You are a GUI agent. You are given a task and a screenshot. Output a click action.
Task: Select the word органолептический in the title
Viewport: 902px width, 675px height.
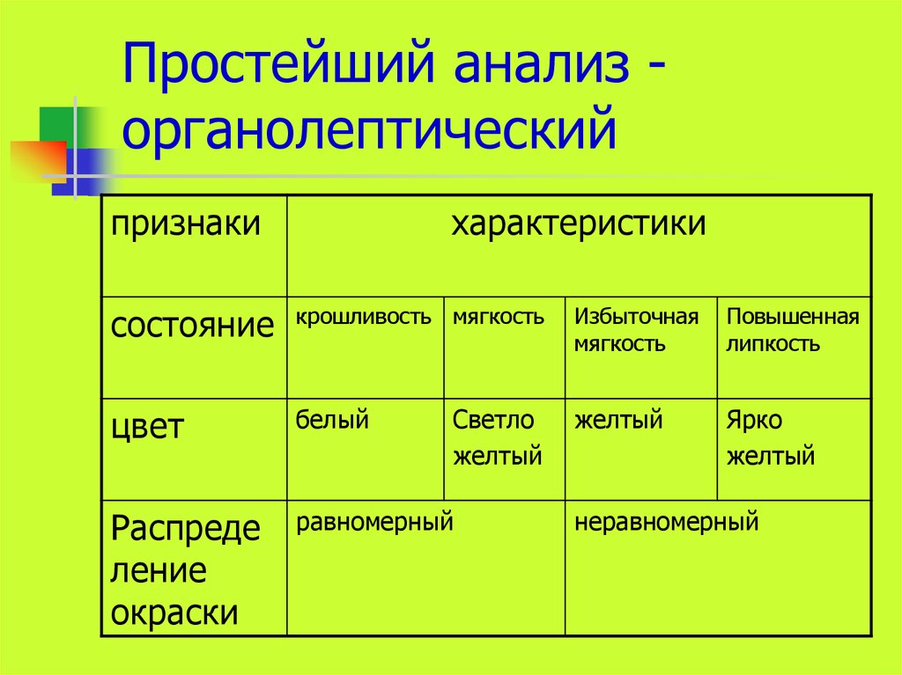[x=368, y=129]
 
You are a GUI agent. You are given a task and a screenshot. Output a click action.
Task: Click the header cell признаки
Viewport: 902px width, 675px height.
[x=186, y=224]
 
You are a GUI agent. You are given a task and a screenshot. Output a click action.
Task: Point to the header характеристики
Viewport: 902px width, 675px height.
[x=579, y=224]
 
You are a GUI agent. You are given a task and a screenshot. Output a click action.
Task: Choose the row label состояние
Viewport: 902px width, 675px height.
[x=193, y=326]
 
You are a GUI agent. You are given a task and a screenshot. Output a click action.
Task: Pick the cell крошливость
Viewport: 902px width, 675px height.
[x=364, y=317]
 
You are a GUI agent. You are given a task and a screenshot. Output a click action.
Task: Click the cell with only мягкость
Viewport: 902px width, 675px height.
[x=499, y=317]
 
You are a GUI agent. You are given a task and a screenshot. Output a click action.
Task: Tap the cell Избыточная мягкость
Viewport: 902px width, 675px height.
[x=636, y=329]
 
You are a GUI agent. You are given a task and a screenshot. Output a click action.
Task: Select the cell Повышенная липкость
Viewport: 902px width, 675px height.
[x=792, y=329]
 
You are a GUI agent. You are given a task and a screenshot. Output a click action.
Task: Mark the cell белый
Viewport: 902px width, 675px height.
[x=332, y=421]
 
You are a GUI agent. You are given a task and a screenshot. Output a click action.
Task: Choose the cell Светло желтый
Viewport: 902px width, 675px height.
[x=497, y=438]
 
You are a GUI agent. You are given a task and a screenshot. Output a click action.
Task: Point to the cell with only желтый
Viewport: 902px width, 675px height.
[x=618, y=421]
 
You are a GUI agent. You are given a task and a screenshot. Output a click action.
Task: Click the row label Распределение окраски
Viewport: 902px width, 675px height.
[x=185, y=571]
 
